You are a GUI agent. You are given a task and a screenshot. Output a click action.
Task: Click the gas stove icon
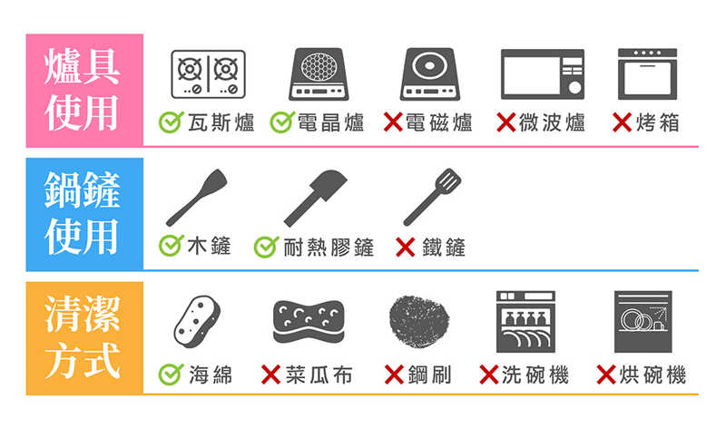click(208, 74)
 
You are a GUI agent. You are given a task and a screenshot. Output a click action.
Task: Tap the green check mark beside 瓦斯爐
click(171, 122)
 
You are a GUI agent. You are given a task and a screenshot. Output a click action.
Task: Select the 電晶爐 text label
click(330, 122)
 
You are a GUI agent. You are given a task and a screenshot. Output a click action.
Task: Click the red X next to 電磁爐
click(393, 122)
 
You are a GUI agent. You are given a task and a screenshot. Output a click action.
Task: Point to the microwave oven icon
click(543, 74)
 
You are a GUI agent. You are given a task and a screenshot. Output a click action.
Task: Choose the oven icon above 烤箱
click(647, 74)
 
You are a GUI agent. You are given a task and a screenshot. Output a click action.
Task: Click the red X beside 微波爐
click(506, 122)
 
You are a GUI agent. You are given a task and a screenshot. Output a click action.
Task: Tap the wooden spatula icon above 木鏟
click(197, 198)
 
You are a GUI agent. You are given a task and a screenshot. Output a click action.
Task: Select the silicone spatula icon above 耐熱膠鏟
click(315, 198)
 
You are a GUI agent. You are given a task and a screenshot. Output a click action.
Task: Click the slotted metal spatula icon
click(433, 197)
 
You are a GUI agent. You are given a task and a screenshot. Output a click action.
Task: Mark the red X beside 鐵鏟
click(405, 247)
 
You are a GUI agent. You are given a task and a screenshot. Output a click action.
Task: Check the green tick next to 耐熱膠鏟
click(266, 247)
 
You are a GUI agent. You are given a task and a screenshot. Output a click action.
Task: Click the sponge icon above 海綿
click(197, 322)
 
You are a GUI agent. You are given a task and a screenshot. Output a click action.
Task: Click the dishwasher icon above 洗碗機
click(525, 322)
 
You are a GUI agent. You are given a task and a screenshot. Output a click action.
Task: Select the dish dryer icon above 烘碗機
click(643, 322)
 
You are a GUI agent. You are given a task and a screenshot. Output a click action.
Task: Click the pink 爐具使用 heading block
click(84, 91)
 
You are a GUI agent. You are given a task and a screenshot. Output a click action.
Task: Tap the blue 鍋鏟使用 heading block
click(84, 214)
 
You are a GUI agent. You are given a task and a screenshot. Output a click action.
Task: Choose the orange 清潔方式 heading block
click(84, 338)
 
